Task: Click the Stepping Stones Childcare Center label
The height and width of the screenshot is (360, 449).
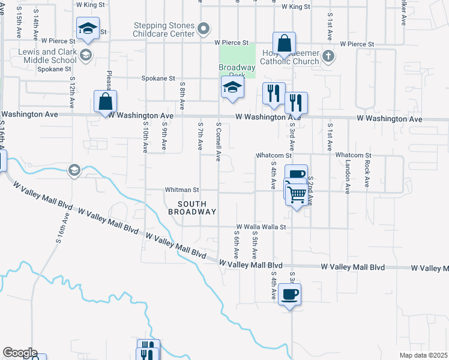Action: (163, 29)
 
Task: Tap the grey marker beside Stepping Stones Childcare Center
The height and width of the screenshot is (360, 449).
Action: (204, 28)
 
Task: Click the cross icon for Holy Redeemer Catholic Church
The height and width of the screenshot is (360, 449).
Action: (328, 56)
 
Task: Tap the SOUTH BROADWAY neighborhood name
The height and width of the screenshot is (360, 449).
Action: (191, 208)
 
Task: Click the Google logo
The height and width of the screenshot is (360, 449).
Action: (19, 353)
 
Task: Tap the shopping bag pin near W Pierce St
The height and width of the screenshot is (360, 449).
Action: (285, 44)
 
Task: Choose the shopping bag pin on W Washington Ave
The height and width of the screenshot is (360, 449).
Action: (106, 102)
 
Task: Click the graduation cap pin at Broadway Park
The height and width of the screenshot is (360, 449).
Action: (232, 88)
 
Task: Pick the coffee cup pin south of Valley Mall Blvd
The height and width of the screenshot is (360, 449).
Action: (289, 295)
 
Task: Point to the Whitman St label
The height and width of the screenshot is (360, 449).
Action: (182, 190)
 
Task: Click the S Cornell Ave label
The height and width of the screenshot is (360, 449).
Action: (218, 142)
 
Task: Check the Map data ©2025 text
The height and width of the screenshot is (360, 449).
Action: (423, 355)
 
